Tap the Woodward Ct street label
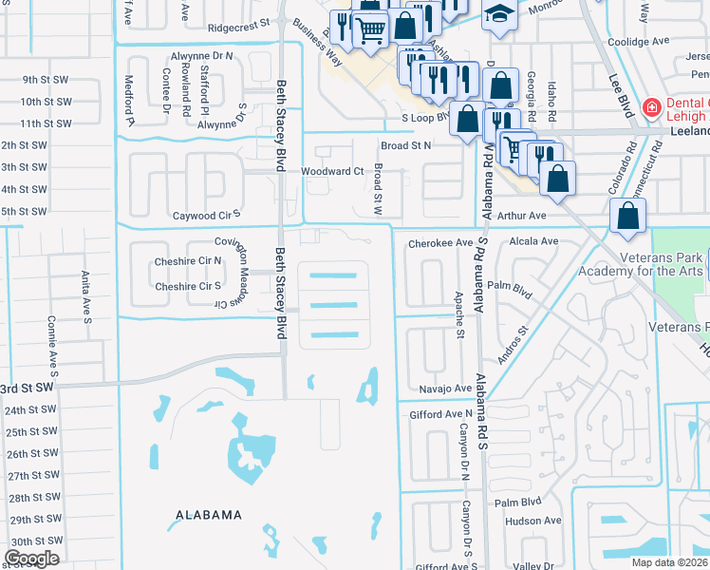click(332, 171)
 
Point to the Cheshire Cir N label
click(188, 260)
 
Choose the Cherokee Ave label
click(440, 243)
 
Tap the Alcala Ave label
click(534, 241)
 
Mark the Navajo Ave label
click(445, 389)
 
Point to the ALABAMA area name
click(209, 515)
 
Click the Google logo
click(31, 558)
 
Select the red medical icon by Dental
click(651, 107)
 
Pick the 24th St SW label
click(30, 410)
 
